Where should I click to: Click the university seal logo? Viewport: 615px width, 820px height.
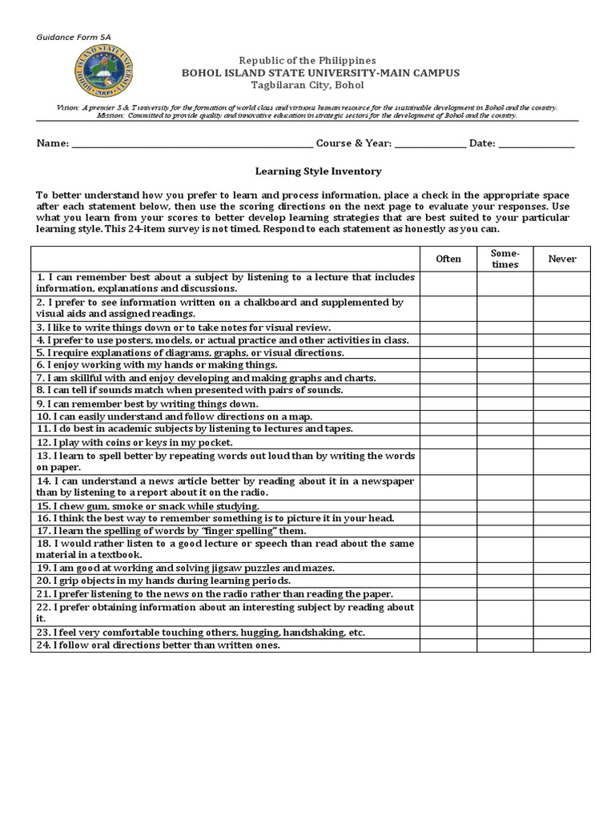point(104,73)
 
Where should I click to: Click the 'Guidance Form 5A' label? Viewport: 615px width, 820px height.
point(74,38)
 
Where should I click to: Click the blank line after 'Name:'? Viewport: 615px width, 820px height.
point(193,145)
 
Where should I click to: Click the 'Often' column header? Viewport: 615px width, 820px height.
point(448,259)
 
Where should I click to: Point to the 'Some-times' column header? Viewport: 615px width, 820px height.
point(505,259)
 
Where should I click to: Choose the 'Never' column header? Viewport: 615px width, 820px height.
point(562,259)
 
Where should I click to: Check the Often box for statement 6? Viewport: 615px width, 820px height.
point(448,365)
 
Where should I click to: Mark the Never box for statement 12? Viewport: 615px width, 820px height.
point(562,442)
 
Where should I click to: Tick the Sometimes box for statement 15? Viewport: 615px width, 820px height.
point(505,506)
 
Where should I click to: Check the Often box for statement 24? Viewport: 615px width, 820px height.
point(448,645)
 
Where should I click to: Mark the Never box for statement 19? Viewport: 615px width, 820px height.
point(562,568)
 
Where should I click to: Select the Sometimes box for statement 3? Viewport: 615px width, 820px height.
point(505,328)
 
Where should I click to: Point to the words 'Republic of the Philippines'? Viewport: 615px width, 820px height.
point(307,61)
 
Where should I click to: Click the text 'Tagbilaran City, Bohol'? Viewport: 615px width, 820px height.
point(307,85)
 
